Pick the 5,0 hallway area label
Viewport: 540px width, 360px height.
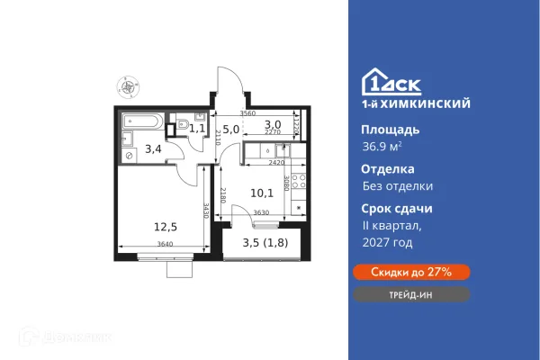[231, 130]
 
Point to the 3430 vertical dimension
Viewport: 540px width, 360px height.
[207, 212]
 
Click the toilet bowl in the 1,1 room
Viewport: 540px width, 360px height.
[183, 125]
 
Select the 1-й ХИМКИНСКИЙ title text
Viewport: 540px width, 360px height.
[417, 104]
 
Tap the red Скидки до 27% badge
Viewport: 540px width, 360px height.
[416, 272]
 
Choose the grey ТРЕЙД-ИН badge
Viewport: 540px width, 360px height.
[416, 295]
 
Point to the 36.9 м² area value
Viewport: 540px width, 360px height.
[382, 148]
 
